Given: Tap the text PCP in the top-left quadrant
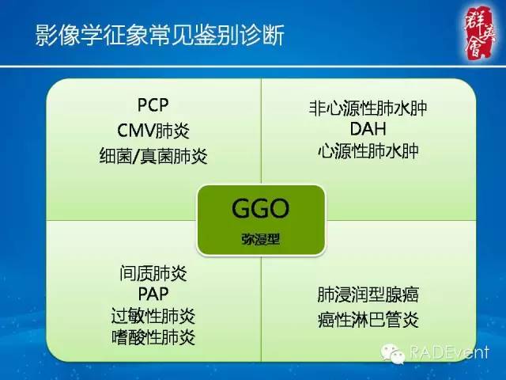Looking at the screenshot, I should click(153, 105).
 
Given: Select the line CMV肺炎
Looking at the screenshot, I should click(153, 131).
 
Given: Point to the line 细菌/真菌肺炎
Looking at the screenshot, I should click(153, 156).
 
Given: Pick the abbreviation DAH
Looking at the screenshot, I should click(363, 128).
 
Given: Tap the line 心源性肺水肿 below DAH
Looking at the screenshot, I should click(363, 150).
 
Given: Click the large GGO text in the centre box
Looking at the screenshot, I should click(260, 209).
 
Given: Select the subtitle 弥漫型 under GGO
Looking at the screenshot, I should click(260, 238).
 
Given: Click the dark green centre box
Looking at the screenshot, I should click(260, 220).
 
